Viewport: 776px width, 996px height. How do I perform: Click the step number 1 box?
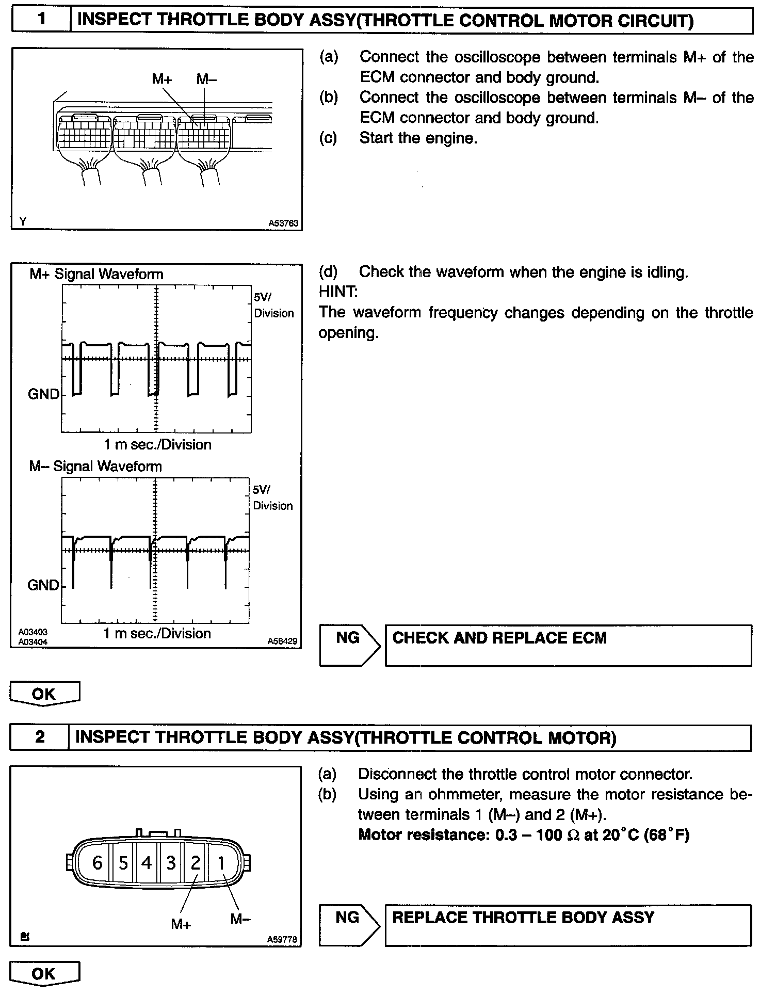[x=41, y=20]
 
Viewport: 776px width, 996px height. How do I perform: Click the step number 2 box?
[x=40, y=737]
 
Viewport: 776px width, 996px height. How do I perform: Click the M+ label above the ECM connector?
[x=162, y=79]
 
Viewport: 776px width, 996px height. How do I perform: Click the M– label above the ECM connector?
[x=206, y=79]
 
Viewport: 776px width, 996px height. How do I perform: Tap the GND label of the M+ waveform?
[x=43, y=394]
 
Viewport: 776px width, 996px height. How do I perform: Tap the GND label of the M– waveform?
[x=43, y=585]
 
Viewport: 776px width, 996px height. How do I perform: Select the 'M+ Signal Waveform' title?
[x=96, y=274]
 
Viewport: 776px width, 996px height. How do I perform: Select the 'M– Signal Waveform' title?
[x=95, y=467]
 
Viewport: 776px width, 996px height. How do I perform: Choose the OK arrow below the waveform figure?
[x=44, y=694]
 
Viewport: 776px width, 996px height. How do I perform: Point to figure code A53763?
[x=283, y=223]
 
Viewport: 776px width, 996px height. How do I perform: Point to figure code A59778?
[x=282, y=940]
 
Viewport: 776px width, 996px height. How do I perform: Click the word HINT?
[x=338, y=292]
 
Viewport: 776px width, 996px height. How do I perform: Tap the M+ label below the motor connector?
[x=181, y=924]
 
